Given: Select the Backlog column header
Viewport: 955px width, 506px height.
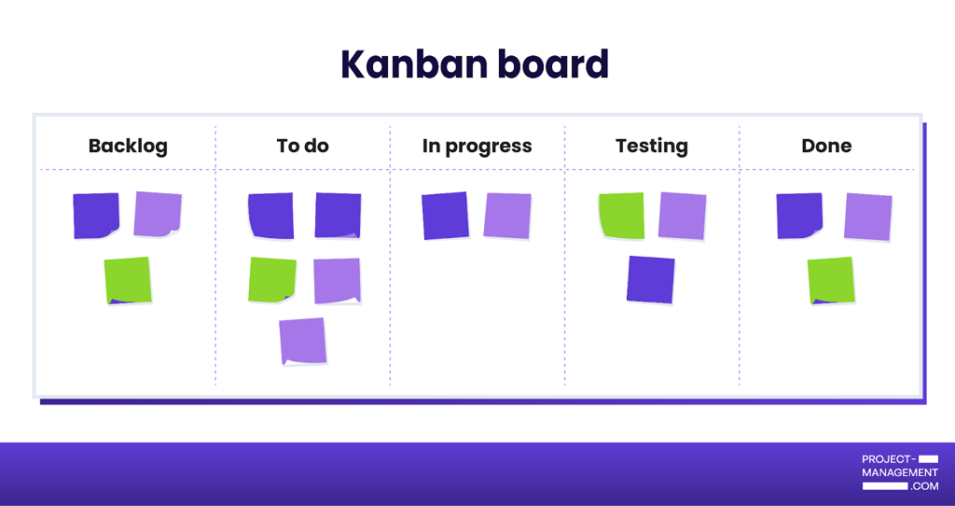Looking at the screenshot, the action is [128, 147].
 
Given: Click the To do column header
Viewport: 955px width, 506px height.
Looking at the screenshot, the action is [303, 146].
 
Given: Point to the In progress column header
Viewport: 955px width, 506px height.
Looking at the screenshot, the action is [477, 147].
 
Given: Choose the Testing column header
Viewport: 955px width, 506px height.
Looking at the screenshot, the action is [652, 147].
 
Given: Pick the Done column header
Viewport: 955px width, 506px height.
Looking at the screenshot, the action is [826, 146].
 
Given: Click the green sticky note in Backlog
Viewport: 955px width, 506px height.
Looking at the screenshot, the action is [127, 280].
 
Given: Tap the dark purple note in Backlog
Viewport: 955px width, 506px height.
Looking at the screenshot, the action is [96, 216].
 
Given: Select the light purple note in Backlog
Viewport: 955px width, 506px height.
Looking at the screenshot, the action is [158, 214].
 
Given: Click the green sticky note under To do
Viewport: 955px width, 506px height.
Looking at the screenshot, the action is [272, 280].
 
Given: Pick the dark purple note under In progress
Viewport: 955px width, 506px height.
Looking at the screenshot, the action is [445, 216].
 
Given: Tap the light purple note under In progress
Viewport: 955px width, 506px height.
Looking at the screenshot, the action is [507, 216].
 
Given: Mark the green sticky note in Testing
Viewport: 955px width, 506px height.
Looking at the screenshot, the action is [621, 216].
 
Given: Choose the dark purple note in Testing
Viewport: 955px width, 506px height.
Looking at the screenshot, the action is [650, 280].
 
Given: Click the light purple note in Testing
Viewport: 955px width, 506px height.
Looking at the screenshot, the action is [682, 217].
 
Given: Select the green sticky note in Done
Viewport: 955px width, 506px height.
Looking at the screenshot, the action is [831, 280].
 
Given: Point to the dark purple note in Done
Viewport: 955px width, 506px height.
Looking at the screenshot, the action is [799, 216].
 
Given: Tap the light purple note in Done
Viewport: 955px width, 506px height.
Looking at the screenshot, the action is [868, 217].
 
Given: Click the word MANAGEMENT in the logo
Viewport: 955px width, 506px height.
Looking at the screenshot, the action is [900, 472].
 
